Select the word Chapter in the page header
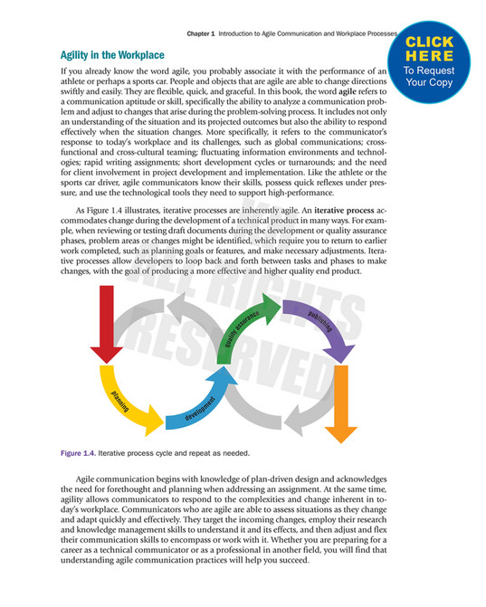200,33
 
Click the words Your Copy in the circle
430,81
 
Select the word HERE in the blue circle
430,54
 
